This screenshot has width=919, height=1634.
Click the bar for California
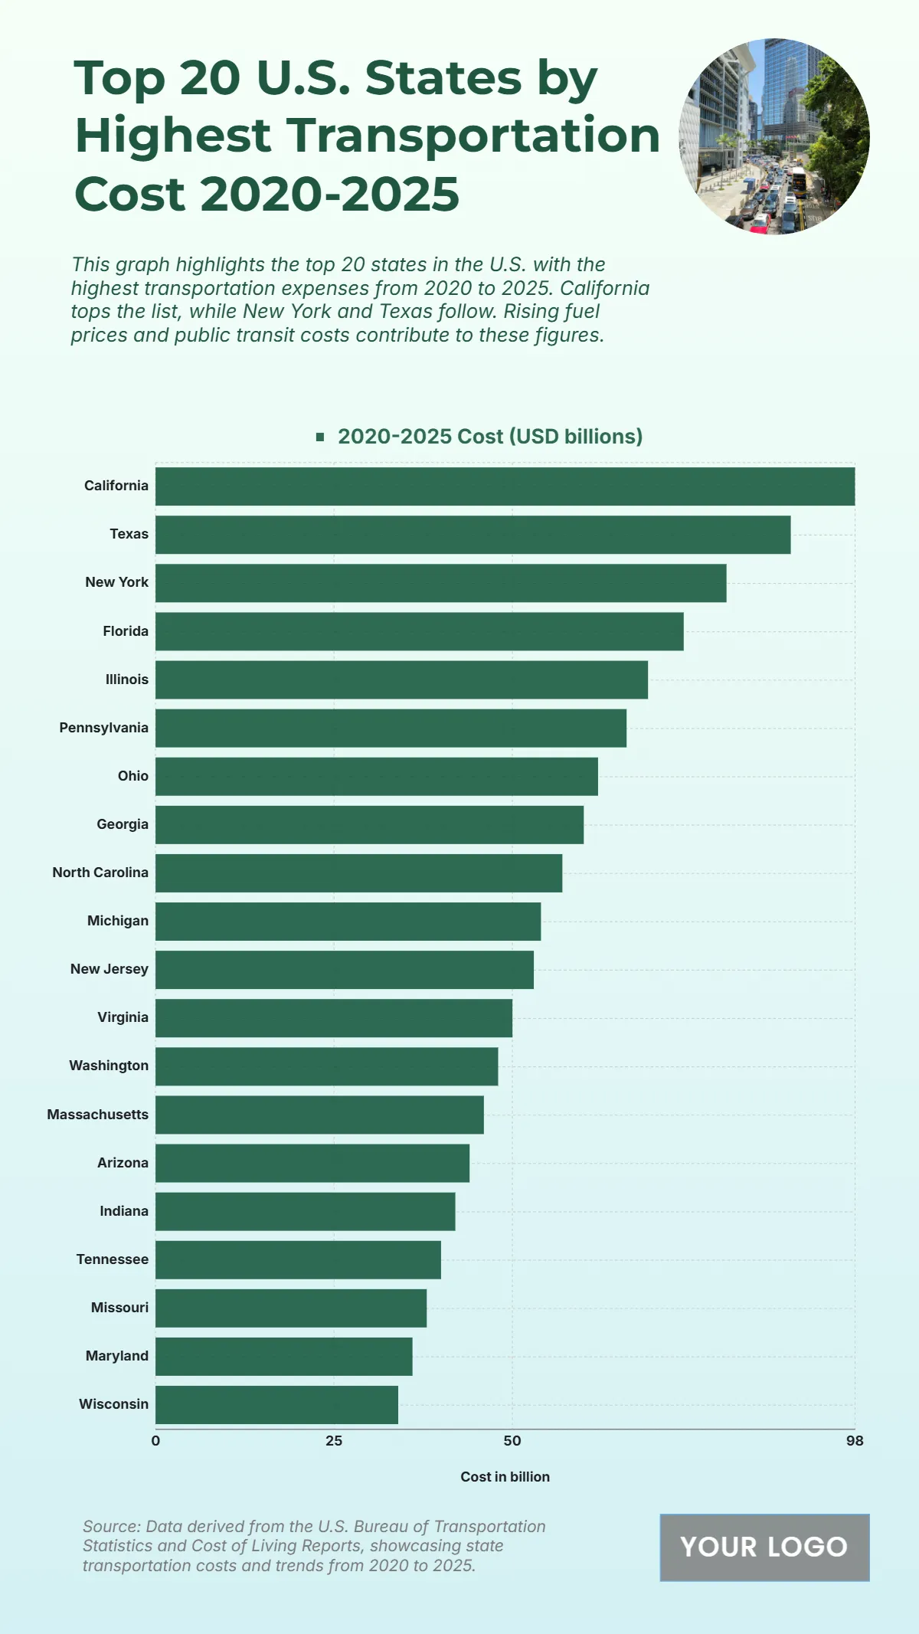[505, 486]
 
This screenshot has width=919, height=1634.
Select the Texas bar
[473, 535]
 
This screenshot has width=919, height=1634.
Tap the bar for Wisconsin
[276, 1405]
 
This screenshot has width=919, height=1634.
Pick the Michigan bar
[348, 922]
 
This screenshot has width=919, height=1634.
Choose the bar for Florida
[419, 631]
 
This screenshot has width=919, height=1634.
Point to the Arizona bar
[312, 1163]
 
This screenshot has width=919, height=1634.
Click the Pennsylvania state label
[104, 728]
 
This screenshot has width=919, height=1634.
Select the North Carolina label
[100, 873]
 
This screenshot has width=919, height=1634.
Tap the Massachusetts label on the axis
[98, 1115]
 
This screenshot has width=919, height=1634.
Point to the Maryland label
[117, 1356]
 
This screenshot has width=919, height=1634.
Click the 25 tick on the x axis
[334, 1441]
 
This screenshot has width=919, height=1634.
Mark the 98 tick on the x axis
[855, 1441]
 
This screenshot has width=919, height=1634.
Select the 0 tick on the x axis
[155, 1441]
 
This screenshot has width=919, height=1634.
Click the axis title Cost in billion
[505, 1477]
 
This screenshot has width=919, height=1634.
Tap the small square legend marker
[320, 437]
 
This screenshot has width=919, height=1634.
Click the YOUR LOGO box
[764, 1547]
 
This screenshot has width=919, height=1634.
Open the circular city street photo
[774, 136]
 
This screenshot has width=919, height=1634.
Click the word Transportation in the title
[474, 136]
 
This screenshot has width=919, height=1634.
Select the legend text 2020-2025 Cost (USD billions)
[490, 437]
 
